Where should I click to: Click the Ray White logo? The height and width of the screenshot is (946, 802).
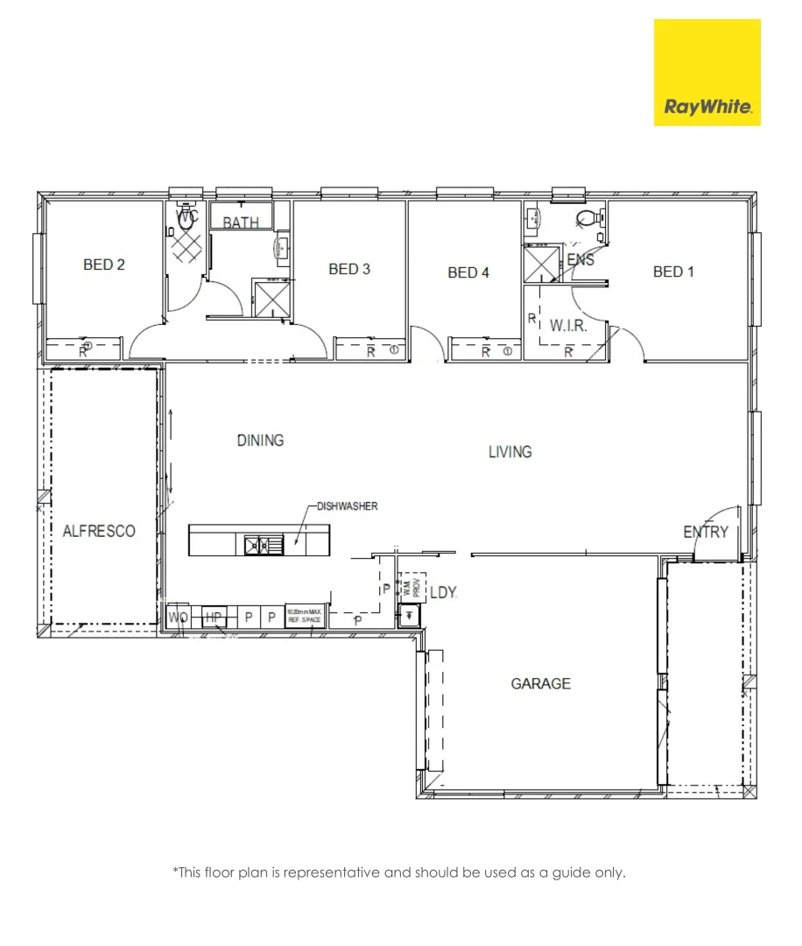707,73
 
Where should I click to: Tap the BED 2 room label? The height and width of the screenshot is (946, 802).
103,265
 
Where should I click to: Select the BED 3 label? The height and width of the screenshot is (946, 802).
349,269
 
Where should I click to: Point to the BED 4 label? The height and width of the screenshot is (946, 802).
468,272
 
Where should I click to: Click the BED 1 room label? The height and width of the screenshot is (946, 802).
673,272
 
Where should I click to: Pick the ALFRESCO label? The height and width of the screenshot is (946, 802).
99,531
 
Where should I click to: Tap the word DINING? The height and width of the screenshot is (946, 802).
260,440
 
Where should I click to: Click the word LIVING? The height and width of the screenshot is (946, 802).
510,452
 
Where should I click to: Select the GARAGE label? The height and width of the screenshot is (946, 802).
540,683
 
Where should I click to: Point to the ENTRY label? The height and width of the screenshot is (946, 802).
706,532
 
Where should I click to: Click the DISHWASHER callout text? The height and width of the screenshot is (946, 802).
347,506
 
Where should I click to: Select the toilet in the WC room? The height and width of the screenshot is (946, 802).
185,221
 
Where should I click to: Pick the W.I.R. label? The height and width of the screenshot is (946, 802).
567,326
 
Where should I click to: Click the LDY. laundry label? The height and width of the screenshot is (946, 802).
444,593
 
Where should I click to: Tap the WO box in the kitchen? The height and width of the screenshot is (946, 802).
178,617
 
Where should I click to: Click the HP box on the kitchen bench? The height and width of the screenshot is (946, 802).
213,617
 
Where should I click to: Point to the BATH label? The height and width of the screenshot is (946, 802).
240,222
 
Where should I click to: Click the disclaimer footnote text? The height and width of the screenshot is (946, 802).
399,872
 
